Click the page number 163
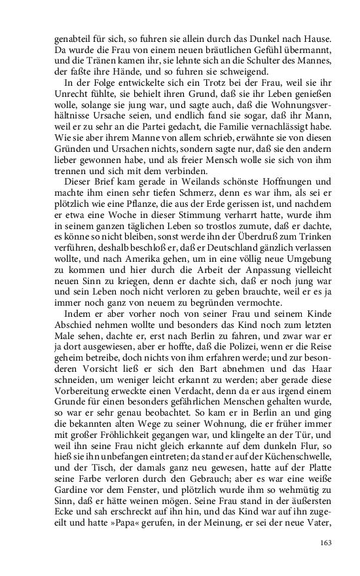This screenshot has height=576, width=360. [325, 541]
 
